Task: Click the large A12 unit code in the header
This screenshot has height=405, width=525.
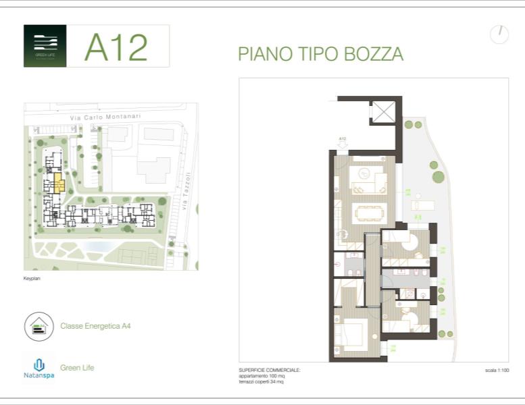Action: point(116,47)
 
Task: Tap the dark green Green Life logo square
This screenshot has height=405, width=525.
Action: point(45,46)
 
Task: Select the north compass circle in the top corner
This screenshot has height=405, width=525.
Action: point(499,34)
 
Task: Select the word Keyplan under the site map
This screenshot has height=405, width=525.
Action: point(32,277)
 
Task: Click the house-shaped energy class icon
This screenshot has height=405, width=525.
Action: point(39,326)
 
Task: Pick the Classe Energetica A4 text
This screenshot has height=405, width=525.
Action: point(95,326)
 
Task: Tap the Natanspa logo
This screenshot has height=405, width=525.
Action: point(39,368)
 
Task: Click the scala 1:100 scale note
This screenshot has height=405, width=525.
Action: point(497,371)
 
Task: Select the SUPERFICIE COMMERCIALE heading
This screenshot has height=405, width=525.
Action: point(270,371)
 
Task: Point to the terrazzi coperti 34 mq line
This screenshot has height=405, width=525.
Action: point(261,381)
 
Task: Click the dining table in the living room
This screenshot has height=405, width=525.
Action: point(369,212)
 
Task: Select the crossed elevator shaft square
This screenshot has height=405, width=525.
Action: point(384,111)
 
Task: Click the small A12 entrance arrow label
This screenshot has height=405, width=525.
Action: point(342,140)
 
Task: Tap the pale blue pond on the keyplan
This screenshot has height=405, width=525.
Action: point(97,247)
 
